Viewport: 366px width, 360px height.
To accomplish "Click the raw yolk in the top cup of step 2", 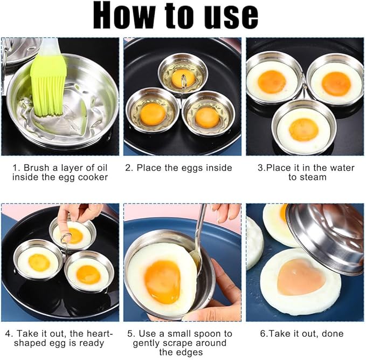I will tap(183, 78).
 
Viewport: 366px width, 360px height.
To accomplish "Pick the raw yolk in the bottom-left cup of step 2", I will tap(153, 113).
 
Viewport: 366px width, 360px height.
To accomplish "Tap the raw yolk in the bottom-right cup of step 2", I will tap(207, 117).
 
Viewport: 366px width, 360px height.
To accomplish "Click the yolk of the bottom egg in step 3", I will tap(303, 130).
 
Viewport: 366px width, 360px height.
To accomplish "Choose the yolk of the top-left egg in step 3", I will tap(272, 81).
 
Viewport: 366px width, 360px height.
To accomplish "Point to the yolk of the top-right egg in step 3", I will tap(336, 83).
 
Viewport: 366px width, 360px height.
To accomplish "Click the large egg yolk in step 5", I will tap(162, 281).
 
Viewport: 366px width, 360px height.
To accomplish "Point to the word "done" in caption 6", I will tap(333, 334).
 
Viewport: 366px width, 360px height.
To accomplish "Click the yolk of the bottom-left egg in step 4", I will tap(39, 262).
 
